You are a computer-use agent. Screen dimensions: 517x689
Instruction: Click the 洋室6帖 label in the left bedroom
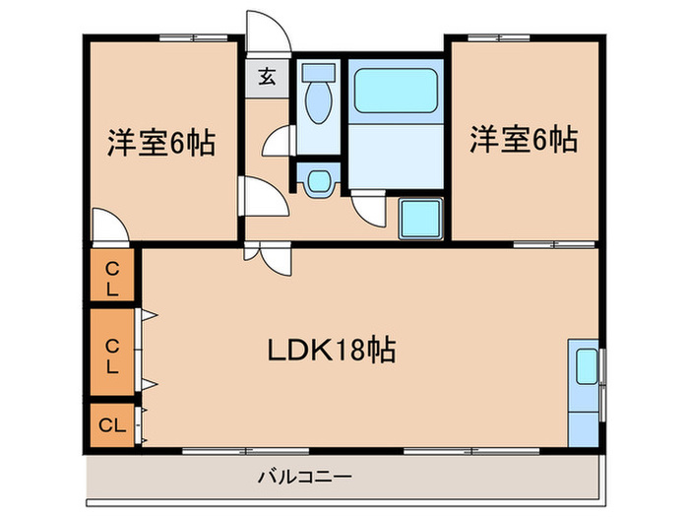[161, 143]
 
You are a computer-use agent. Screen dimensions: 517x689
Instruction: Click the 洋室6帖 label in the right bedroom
[523, 140]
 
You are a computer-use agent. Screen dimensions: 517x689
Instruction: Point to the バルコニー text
[305, 478]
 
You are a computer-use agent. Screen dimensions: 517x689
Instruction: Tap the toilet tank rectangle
[317, 72]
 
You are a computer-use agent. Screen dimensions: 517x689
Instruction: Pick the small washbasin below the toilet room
[318, 181]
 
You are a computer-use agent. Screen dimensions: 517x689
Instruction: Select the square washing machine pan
[421, 217]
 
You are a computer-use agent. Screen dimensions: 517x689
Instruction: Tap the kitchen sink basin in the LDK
[585, 366]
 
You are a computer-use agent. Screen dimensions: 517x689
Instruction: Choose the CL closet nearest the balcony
[111, 425]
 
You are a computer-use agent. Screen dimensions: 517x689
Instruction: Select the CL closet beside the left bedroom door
[112, 278]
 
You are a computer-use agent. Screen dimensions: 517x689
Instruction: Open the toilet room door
[278, 143]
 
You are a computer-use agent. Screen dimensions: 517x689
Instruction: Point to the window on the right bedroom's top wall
[498, 37]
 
